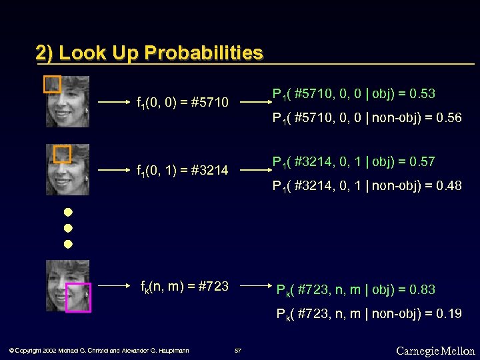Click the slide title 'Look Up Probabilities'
149,53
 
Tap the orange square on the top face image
52,85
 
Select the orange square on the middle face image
62,155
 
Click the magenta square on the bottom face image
78,297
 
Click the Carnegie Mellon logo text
435,351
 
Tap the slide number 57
238,351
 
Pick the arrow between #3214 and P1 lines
254,170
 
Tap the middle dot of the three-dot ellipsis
67,228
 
